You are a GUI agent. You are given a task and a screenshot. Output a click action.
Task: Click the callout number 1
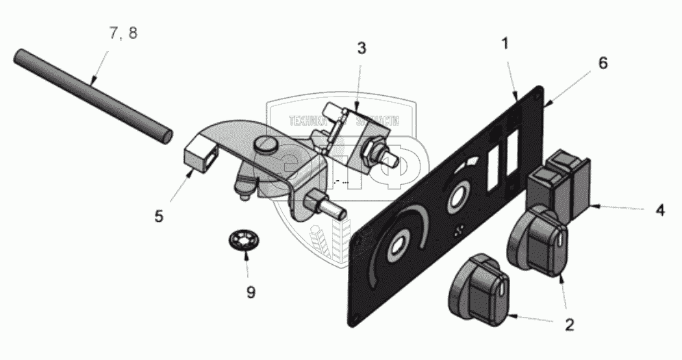point(505,44)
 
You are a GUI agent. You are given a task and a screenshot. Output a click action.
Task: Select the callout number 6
point(603,62)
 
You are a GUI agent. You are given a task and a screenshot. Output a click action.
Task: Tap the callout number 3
point(362,49)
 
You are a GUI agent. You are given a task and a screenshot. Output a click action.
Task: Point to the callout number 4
point(659,211)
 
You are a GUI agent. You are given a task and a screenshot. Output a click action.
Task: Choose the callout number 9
point(251,292)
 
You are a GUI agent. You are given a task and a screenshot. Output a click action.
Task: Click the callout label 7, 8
point(122,33)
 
